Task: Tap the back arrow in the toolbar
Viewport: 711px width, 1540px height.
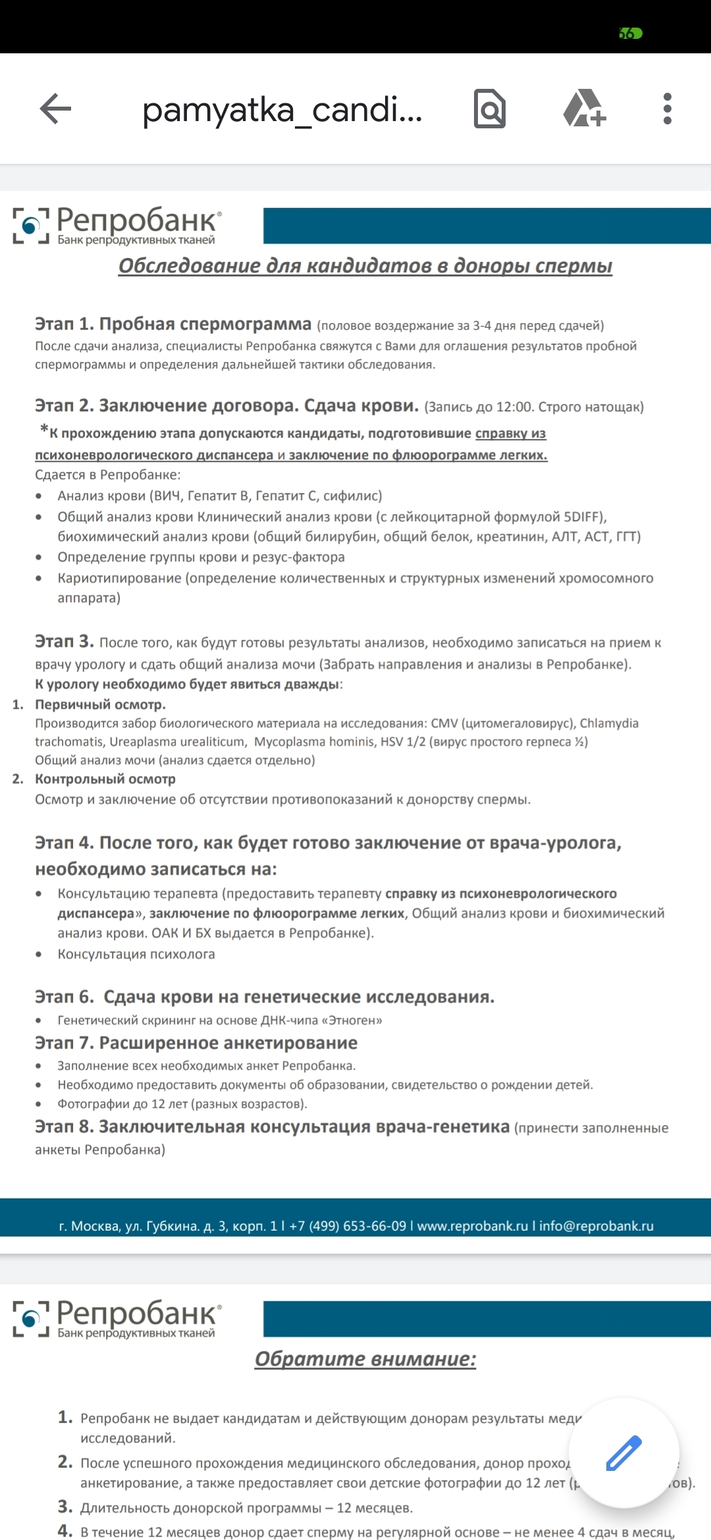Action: (x=55, y=109)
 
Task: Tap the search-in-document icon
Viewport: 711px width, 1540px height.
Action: (x=490, y=109)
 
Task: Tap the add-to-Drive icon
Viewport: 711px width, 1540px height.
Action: (x=585, y=109)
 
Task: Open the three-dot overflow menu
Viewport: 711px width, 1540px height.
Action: (x=667, y=109)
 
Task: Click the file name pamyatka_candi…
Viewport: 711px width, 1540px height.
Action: (x=282, y=110)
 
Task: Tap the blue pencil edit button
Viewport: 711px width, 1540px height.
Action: (x=623, y=1453)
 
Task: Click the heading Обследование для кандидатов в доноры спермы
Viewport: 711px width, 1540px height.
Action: (x=365, y=266)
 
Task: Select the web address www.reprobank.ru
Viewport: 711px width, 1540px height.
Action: (x=472, y=1226)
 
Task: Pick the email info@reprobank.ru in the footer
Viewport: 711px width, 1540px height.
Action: (x=596, y=1226)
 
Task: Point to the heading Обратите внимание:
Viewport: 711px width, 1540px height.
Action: (x=365, y=1359)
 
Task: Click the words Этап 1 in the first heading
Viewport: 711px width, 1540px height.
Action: (x=64, y=324)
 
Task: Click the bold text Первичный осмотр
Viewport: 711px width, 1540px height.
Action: (x=100, y=705)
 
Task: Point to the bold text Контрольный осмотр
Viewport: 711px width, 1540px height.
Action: (x=105, y=779)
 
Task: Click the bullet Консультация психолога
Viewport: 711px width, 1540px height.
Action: (x=136, y=954)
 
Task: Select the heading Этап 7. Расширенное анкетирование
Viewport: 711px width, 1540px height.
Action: (x=196, y=1043)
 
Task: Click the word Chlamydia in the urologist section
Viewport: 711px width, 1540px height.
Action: (x=609, y=723)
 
